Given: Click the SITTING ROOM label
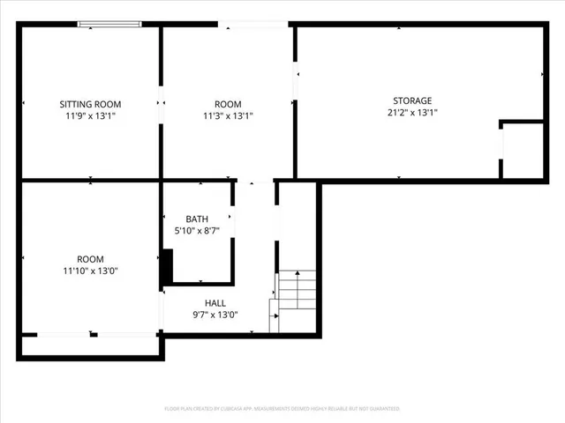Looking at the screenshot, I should coord(90,104).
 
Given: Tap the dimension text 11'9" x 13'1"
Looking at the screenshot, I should coord(90,115).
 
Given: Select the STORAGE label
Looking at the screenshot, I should coord(412,100).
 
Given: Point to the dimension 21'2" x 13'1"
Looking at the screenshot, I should coord(412,112).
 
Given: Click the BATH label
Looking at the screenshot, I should coord(197,219).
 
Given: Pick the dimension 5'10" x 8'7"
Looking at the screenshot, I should coord(197,230).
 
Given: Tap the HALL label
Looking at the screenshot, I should coord(215,302).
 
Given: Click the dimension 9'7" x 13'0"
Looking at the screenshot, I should coord(215,315).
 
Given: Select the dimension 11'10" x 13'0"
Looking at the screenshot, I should coord(90,271).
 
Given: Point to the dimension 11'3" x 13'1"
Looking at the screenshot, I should coord(228,115).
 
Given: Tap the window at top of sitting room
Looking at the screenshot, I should coord(109,25).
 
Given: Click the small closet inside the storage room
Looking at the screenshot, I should coord(522,151).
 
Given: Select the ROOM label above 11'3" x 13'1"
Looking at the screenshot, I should coord(228,104).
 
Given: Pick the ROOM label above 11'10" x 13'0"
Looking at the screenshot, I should coord(90,259).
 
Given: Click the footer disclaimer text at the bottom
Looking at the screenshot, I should coord(282,409).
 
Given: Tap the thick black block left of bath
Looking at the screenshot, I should coord(165,269).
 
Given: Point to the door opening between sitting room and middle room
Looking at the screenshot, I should coord(160,102).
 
